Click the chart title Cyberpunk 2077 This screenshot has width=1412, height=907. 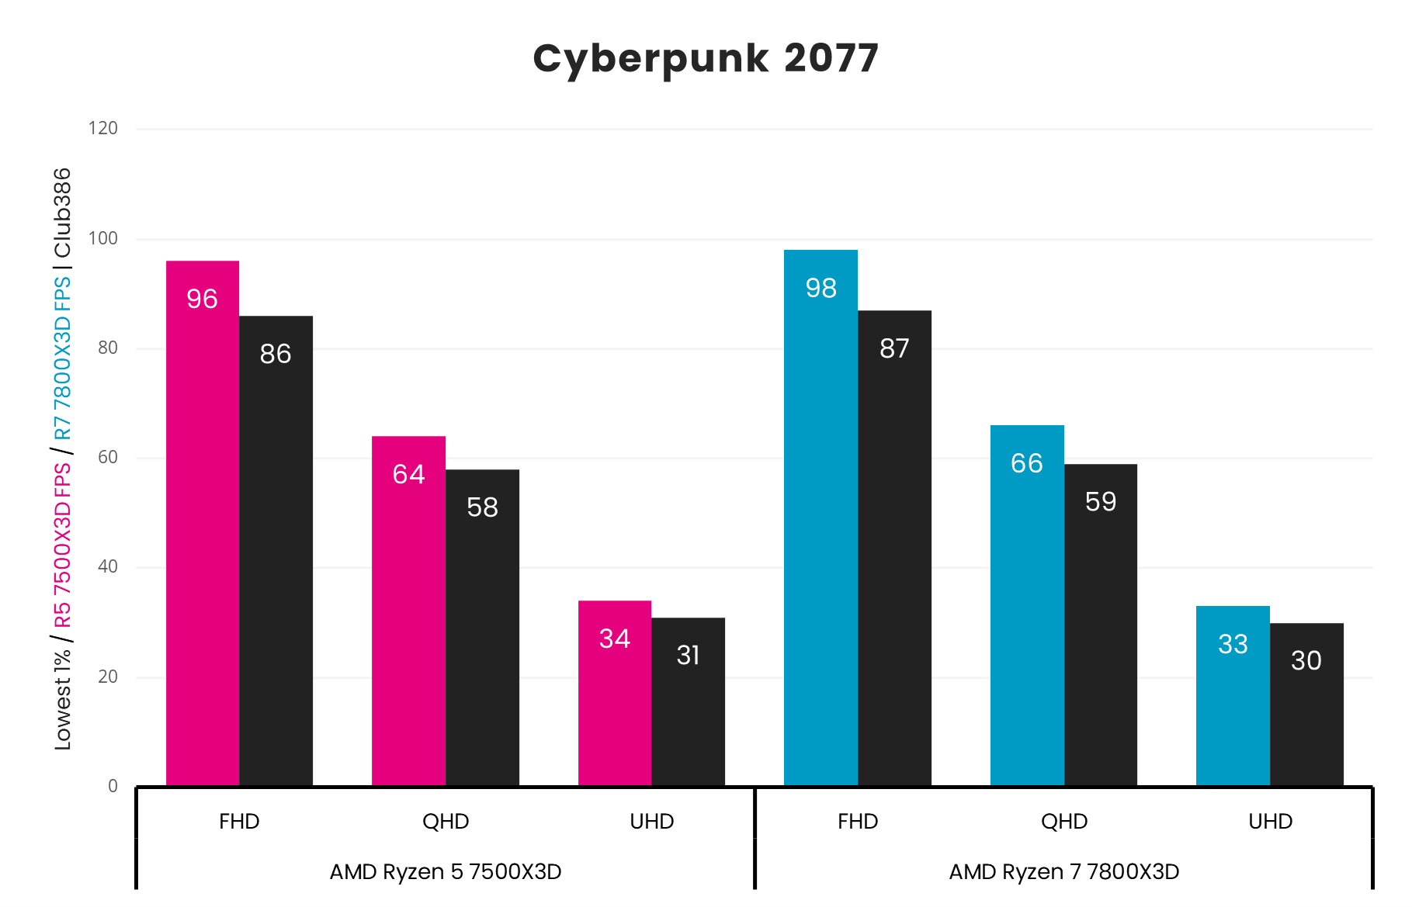click(705, 58)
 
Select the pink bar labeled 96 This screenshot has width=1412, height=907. click(203, 524)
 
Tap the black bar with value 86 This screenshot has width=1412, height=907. click(276, 551)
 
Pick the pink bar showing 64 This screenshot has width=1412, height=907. click(408, 611)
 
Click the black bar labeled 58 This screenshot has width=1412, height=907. click(482, 628)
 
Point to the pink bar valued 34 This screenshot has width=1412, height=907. click(614, 694)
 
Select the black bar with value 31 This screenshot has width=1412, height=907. click(688, 702)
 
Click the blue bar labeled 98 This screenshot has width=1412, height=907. click(820, 518)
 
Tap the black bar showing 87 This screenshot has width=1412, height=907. click(894, 549)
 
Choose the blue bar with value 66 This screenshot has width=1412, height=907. click(1027, 606)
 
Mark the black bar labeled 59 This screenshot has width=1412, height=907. click(1100, 625)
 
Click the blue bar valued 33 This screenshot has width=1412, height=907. click(1233, 696)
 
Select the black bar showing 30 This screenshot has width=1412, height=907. click(1306, 704)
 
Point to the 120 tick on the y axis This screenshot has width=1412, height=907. click(103, 129)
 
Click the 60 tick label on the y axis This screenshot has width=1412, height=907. click(108, 458)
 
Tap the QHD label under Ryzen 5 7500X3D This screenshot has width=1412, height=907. click(446, 822)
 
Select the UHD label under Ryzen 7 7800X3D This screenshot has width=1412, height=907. click(1270, 822)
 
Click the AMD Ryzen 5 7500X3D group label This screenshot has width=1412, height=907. click(446, 872)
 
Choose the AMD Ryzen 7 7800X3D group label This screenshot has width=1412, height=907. click(1063, 872)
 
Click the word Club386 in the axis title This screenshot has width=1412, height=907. click(62, 213)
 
